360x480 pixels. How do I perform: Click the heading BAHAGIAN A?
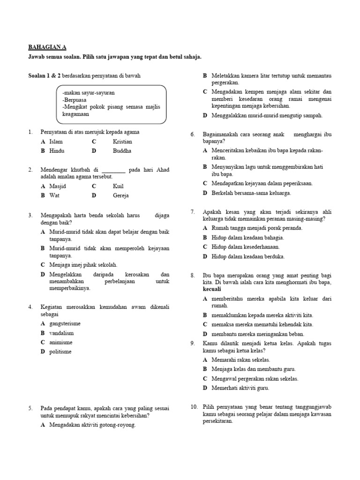48,47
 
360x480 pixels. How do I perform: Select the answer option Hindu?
57,151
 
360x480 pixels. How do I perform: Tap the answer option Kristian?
122,142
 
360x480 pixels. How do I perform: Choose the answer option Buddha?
122,151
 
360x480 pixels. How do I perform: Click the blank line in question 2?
113,170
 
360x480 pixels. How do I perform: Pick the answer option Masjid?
58,186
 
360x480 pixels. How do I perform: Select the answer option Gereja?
120,195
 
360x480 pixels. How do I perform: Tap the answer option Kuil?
118,186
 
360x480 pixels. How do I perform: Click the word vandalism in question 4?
61,333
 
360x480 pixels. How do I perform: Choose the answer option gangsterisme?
65,323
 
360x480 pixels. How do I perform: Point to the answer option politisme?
60,352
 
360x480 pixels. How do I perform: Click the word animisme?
61,342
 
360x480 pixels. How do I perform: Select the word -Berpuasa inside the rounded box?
74,100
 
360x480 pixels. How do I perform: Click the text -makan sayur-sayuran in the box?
89,93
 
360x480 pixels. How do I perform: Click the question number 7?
193,211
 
